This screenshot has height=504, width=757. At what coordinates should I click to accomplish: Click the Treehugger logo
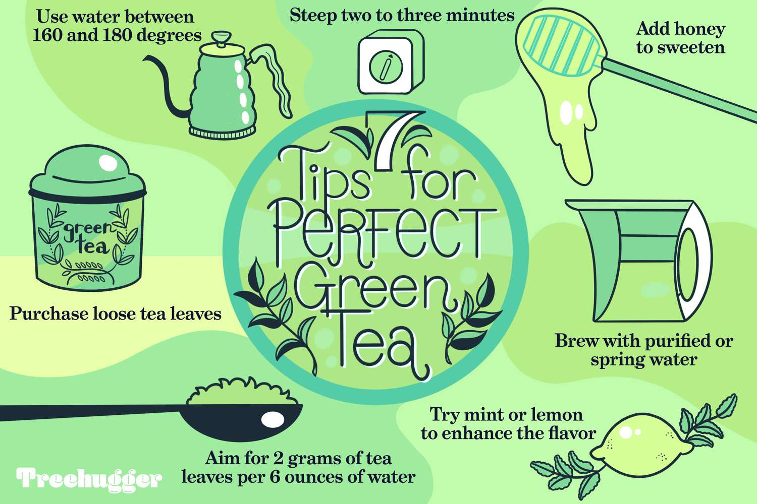point(89,479)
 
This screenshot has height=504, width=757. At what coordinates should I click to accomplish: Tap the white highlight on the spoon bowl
point(272,419)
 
